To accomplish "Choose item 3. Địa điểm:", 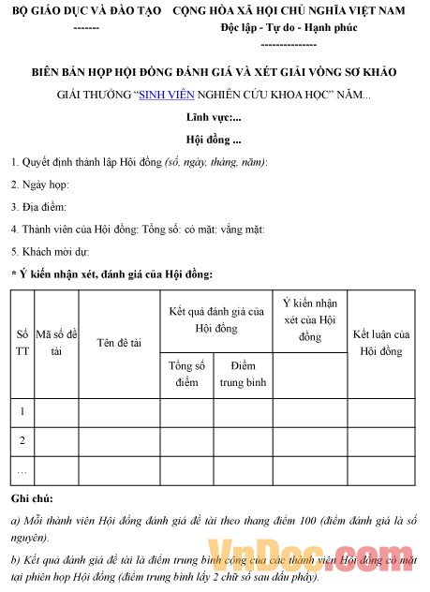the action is (x=38, y=207).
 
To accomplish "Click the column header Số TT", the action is (x=22, y=343).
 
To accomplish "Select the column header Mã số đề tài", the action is (x=56, y=343).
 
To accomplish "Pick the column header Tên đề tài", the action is (x=119, y=343).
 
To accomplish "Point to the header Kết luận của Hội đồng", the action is (x=381, y=343).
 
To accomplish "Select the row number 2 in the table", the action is (x=22, y=440).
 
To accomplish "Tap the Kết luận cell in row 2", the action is (x=381, y=440).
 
